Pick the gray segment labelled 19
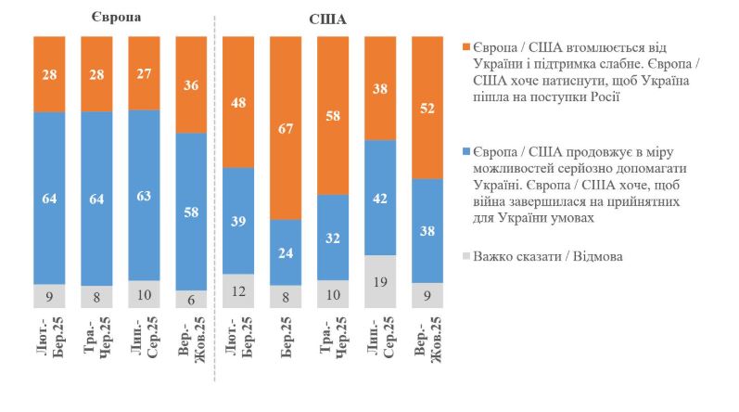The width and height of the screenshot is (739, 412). point(380,269)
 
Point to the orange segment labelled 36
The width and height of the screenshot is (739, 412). point(191,84)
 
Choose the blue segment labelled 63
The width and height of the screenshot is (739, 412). point(144,195)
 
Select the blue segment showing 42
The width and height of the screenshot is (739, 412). point(380,198)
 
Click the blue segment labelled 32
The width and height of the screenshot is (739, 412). point(333,238)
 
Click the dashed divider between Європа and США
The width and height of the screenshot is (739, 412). point(215,204)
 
